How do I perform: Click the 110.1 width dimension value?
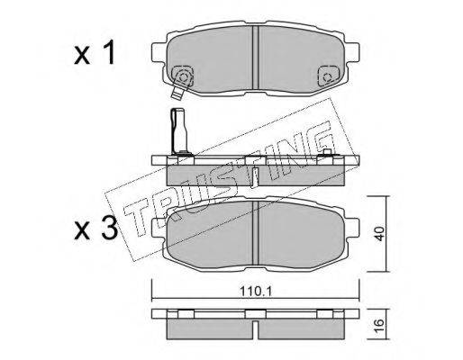pyautogui.click(x=256, y=291)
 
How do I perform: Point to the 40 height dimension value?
pyautogui.click(x=379, y=234)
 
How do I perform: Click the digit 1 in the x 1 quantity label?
pyautogui.click(x=110, y=52)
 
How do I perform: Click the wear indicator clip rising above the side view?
pyautogui.click(x=179, y=131)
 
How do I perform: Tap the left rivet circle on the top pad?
pyautogui.click(x=183, y=76)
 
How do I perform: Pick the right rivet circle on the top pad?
pyautogui.click(x=327, y=76)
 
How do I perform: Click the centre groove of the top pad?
pyautogui.click(x=256, y=58)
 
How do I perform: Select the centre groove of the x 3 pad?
pyautogui.click(x=256, y=233)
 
